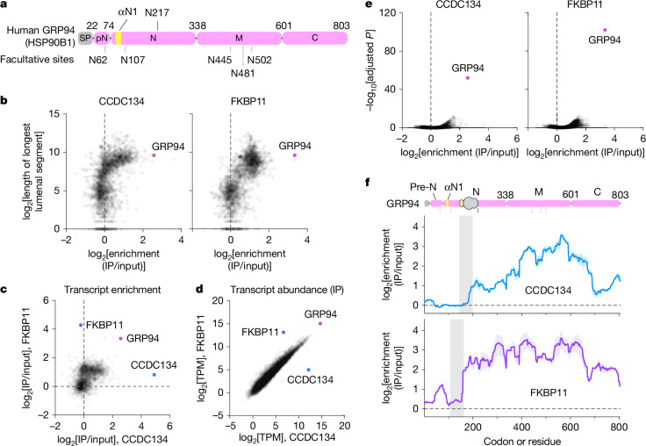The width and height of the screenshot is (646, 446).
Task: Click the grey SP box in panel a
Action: point(85,39)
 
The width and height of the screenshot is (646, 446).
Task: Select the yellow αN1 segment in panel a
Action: point(118,39)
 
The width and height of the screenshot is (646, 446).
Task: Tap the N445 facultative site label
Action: point(219,60)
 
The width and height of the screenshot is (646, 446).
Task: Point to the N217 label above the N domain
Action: point(157,13)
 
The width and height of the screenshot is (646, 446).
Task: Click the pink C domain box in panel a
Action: point(315,39)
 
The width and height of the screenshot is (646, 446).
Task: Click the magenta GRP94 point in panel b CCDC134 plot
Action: point(154,155)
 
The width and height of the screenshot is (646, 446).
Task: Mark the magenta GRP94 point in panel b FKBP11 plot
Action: point(295,155)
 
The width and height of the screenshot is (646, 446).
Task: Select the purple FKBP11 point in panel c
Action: point(81,325)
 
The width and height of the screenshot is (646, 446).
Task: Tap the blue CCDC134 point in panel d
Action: point(309,370)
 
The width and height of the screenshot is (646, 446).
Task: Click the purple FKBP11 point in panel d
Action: point(284,332)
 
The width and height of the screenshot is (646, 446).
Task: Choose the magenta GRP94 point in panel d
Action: point(320,324)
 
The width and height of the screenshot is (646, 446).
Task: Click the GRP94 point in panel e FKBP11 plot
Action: point(605,30)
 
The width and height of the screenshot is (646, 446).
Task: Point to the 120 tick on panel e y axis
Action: point(389,13)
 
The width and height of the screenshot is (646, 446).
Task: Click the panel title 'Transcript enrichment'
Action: point(112,290)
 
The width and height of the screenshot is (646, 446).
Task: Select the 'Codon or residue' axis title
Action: point(522,441)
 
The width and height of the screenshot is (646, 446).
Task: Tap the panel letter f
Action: point(368,182)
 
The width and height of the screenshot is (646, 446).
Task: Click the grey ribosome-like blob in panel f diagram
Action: point(470,203)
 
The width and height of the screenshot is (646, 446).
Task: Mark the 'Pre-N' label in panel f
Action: point(423,187)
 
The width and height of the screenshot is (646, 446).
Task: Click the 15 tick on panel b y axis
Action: point(54,114)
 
